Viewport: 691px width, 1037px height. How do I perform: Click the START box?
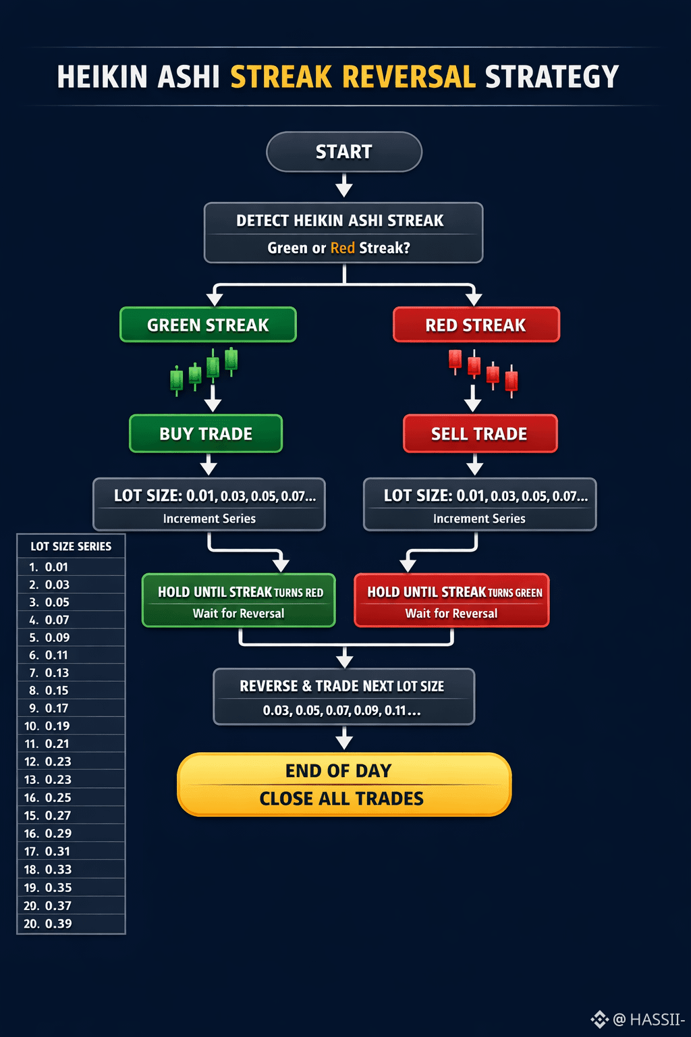tap(344, 152)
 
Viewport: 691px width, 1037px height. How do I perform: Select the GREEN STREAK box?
tap(208, 325)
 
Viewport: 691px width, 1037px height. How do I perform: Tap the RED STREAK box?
tap(476, 325)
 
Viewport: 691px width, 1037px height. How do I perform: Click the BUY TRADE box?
tap(206, 433)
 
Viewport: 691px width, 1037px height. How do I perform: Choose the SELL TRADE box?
tap(480, 433)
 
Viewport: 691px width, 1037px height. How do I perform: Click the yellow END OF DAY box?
tap(344, 785)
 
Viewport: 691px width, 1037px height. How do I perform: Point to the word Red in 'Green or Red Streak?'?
tap(343, 248)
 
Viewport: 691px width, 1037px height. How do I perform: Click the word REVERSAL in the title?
tap(409, 77)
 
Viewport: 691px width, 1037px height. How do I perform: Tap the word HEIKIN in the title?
tap(103, 77)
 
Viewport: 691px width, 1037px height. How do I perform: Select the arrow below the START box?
tap(344, 186)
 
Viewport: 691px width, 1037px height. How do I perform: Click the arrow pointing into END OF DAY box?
tap(344, 739)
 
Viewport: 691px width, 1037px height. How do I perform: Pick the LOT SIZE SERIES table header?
tap(71, 546)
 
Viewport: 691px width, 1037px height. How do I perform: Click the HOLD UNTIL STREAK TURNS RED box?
tap(239, 601)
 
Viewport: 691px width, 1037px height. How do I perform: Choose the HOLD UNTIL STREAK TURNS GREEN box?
tap(452, 601)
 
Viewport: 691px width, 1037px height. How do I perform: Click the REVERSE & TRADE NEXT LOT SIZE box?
tap(344, 697)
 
